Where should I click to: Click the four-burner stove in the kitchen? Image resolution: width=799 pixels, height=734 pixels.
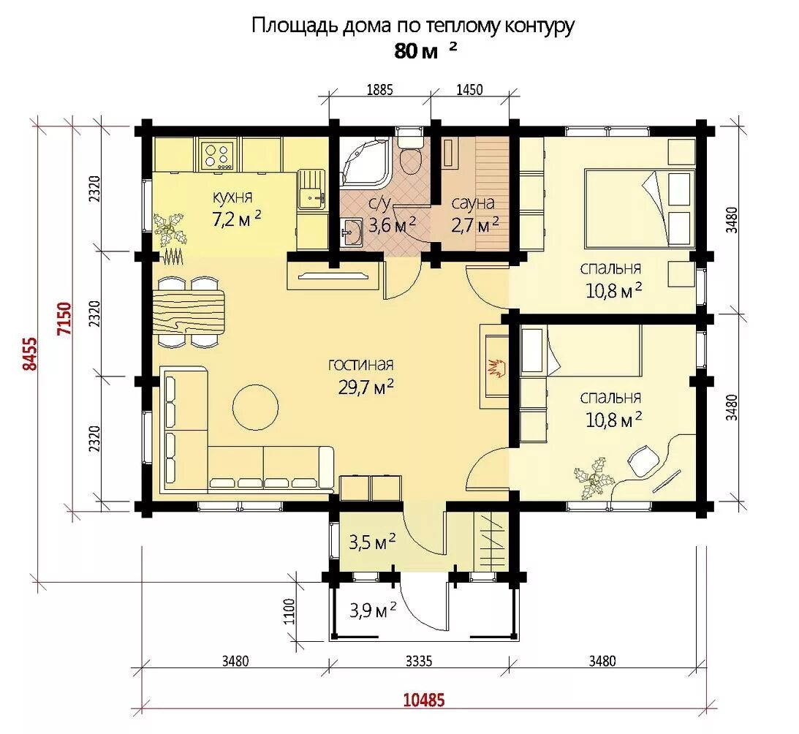pyautogui.click(x=219, y=156)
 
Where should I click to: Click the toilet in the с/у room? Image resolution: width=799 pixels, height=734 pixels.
pyautogui.click(x=411, y=153)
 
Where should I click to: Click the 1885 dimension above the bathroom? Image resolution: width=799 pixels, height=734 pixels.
pyautogui.click(x=379, y=90)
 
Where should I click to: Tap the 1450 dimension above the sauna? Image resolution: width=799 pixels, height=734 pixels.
pyautogui.click(x=469, y=90)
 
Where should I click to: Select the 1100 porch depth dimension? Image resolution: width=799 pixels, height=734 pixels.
pyautogui.click(x=289, y=611)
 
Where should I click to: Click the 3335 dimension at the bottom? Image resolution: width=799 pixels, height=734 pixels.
pyautogui.click(x=419, y=661)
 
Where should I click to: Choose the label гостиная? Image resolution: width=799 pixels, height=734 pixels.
pyautogui.click(x=361, y=365)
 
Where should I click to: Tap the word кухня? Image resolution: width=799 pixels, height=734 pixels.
pyautogui.click(x=232, y=197)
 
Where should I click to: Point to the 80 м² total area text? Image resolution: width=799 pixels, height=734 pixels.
pyautogui.click(x=425, y=51)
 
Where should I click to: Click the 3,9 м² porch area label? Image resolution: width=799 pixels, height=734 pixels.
pyautogui.click(x=373, y=610)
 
